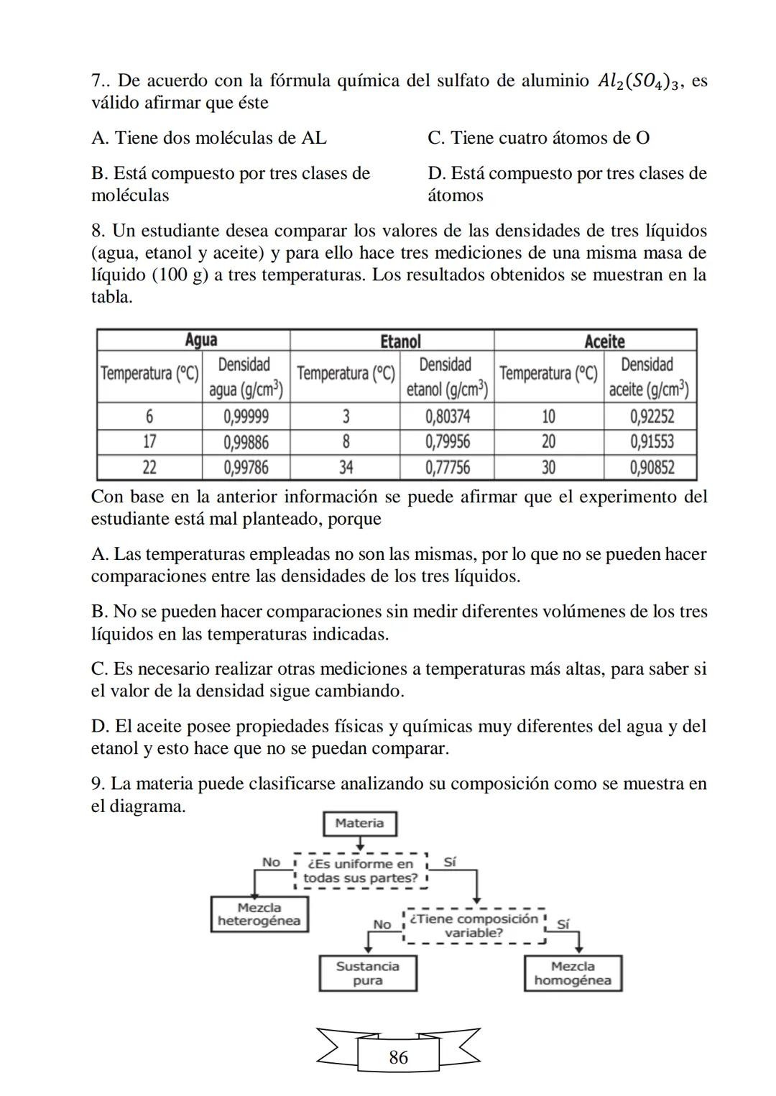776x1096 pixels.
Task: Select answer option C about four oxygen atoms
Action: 539,138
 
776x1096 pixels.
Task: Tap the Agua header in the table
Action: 200,340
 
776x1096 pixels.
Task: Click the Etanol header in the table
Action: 400,341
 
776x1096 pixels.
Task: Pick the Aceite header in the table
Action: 604,341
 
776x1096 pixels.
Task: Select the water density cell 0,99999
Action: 246,416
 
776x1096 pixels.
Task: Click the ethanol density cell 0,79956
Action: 447,441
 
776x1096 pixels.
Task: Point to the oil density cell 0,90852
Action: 652,468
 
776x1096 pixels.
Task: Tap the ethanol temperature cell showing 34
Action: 346,468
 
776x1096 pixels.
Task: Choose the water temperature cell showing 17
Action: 149,441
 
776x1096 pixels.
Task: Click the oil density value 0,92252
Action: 652,416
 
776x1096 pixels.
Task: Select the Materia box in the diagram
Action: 359,824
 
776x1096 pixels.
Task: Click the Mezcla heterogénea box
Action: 259,914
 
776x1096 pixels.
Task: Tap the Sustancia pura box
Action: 368,974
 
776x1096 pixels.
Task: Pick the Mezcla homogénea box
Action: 573,974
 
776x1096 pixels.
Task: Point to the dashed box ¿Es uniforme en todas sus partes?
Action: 361,871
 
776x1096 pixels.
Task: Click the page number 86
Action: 398,1057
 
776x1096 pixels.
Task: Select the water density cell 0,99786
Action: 246,468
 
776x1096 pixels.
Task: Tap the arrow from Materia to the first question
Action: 360,843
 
